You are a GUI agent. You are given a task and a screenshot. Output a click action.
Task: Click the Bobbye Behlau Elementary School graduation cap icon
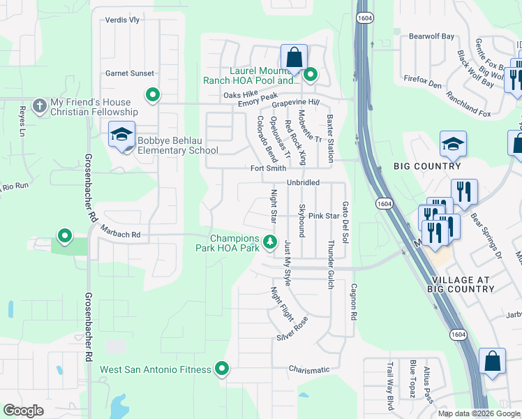121,135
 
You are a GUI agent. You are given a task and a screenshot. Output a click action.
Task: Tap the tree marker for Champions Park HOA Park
270,242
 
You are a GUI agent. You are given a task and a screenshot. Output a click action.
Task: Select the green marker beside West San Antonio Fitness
222,368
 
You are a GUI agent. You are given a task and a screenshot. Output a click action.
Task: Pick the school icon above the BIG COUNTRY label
453,144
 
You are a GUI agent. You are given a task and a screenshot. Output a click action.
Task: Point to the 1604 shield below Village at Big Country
457,335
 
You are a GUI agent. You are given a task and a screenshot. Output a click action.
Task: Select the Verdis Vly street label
122,20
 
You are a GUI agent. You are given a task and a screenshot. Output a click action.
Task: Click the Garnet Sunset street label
129,73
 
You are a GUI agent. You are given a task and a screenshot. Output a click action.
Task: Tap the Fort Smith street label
269,168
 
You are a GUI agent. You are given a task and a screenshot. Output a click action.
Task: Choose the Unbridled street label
303,182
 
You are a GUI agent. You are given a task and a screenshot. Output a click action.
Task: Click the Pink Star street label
323,216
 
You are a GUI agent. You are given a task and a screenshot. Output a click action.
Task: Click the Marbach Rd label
120,235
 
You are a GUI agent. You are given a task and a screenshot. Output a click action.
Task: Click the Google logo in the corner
24,411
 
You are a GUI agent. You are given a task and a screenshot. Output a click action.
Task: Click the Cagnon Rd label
354,297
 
